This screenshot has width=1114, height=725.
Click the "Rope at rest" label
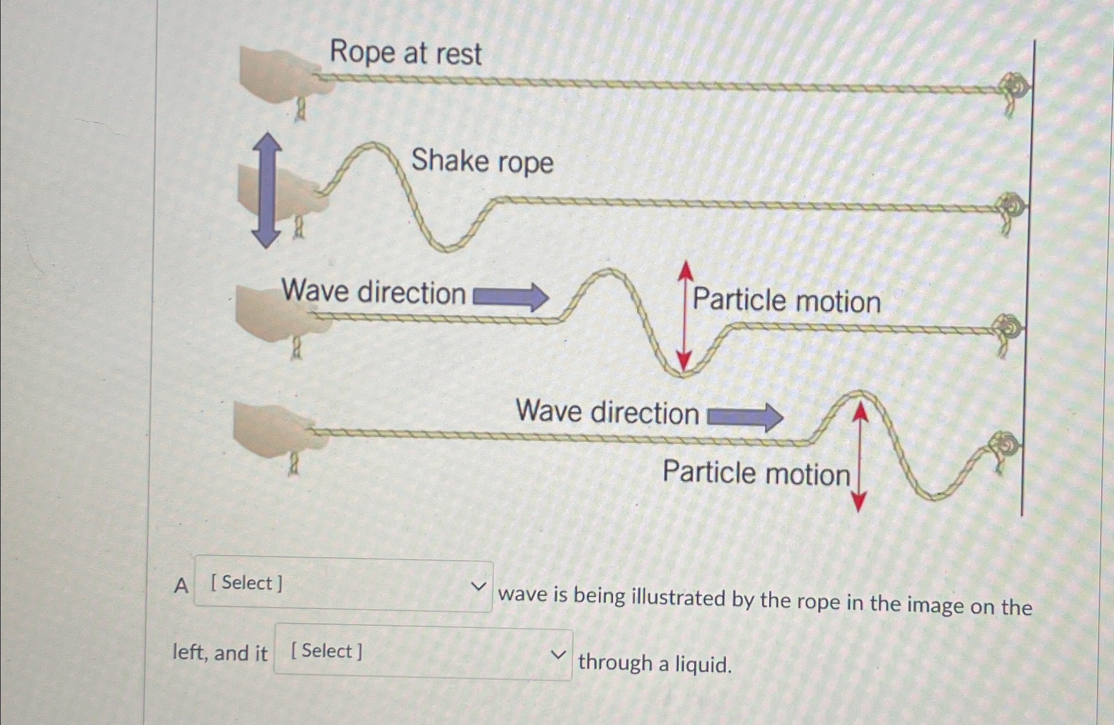tap(405, 53)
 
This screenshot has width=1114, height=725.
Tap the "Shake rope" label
tap(482, 162)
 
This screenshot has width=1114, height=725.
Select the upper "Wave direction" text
tap(374, 292)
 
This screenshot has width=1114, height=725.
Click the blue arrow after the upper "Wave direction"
tap(511, 297)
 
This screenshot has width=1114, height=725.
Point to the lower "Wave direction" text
tap(607, 412)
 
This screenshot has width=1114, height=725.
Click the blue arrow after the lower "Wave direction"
tap(745, 417)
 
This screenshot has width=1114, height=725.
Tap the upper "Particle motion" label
tap(787, 301)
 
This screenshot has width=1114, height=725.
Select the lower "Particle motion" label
tap(756, 473)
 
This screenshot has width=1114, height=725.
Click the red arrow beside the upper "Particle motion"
tap(685, 315)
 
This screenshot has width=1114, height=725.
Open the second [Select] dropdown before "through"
tap(423, 652)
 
